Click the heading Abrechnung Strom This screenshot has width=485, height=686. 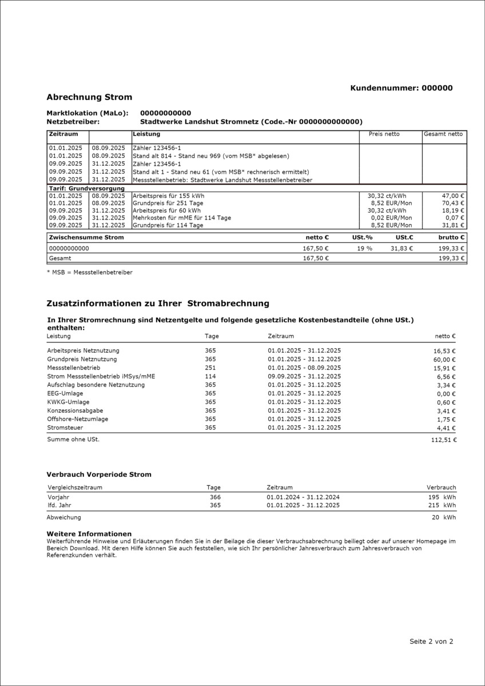tap(89, 97)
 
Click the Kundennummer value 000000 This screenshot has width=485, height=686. tap(437, 88)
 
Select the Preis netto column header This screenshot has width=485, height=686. tap(384, 134)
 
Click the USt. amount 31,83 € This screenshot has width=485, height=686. tap(400, 249)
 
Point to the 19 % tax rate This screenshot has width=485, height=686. tap(365, 249)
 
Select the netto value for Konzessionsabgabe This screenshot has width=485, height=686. tap(445, 411)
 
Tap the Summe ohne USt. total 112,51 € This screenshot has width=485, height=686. tap(444, 440)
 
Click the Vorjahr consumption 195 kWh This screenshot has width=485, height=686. tap(442, 497)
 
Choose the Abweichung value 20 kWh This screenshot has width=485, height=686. tap(443, 517)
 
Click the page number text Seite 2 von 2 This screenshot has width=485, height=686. tap(431, 641)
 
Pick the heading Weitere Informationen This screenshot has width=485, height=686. tap(89, 533)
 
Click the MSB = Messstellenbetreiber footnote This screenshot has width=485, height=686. tap(89, 272)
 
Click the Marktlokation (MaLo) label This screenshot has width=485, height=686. tap(87, 113)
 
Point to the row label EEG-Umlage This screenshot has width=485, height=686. tap(65, 393)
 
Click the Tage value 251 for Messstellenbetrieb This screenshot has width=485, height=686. tap(210, 368)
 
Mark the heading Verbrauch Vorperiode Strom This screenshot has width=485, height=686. tap(98, 474)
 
